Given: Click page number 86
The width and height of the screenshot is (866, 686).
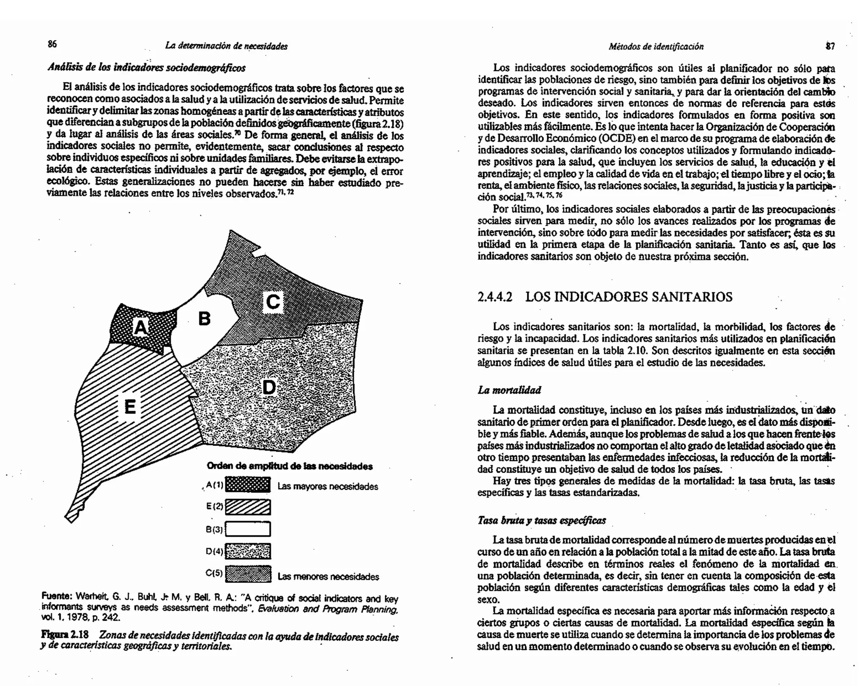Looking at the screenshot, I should click(x=52, y=44).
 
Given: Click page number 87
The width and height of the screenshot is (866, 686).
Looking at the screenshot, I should click(x=830, y=46).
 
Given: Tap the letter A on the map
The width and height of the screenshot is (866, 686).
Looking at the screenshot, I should click(x=141, y=327).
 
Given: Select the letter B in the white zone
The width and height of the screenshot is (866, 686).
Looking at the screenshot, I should click(x=204, y=318).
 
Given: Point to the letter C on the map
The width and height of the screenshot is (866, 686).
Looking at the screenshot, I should click(x=273, y=302).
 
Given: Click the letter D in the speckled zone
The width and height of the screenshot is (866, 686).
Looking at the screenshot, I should click(x=269, y=387).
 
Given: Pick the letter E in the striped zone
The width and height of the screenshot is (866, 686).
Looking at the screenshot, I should click(x=130, y=407).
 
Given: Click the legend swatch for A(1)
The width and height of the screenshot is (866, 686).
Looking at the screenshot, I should click(x=248, y=485).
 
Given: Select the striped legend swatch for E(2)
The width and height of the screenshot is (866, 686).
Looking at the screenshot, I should click(x=248, y=507).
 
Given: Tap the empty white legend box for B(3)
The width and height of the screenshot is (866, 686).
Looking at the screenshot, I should click(x=248, y=529).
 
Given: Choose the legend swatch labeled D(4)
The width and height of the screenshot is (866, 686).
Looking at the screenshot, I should click(x=248, y=551).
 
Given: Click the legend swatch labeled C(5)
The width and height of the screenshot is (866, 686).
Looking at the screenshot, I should click(x=248, y=574).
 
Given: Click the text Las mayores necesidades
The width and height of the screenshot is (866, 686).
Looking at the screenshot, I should click(x=328, y=487).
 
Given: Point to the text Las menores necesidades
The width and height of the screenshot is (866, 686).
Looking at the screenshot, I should click(x=328, y=577).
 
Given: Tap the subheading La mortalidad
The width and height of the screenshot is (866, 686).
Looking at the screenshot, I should click(x=509, y=390).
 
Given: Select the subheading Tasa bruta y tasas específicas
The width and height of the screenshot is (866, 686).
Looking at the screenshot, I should click(x=541, y=520).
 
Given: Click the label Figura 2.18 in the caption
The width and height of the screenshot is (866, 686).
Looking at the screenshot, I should click(x=65, y=635).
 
